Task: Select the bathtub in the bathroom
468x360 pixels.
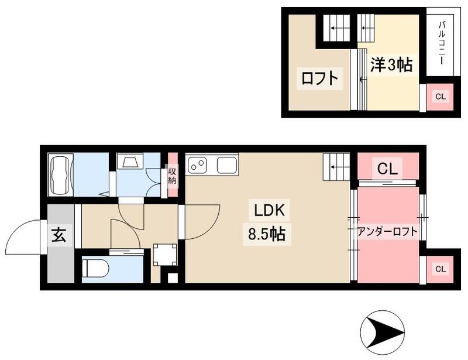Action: coord(61,174)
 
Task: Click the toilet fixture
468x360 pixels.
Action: coord(95,269)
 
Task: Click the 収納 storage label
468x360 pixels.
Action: coord(172,176)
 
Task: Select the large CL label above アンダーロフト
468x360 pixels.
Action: coord(387,170)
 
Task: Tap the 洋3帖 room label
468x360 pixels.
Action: coord(390,64)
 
